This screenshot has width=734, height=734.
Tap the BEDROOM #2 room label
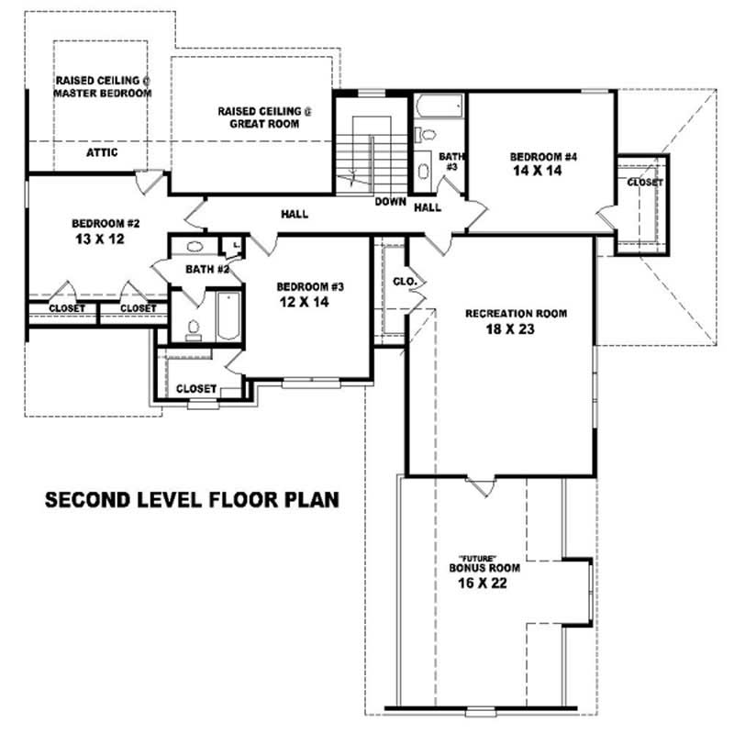(x=106, y=223)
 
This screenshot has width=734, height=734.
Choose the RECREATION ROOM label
(x=516, y=314)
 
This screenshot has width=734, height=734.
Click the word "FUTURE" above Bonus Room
(x=478, y=558)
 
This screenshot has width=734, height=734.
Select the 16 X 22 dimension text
(x=478, y=583)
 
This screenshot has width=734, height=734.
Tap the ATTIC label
(x=102, y=152)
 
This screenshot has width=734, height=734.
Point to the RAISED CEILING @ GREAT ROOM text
(x=264, y=117)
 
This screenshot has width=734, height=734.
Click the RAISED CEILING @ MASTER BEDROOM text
(x=102, y=86)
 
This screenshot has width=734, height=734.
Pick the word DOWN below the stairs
(x=390, y=201)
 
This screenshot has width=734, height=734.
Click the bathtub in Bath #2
(x=225, y=317)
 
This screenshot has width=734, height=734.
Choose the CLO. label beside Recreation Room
(x=405, y=281)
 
